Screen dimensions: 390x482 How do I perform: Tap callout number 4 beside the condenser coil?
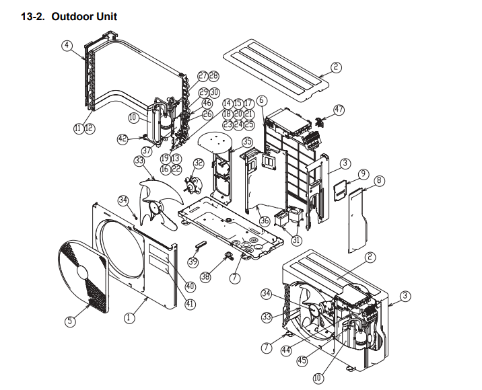point(67,45)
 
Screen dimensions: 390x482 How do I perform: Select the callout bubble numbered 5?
point(70,321)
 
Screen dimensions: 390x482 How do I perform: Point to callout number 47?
point(339,110)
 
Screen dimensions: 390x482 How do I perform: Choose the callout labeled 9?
point(363,173)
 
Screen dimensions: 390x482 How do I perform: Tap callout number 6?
point(262,101)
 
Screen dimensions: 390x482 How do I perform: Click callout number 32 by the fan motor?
point(198,163)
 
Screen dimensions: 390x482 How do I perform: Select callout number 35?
point(247,142)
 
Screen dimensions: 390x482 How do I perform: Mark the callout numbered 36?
point(265,220)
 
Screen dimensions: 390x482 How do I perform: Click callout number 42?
point(123,139)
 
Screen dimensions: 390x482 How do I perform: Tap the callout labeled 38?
point(205,276)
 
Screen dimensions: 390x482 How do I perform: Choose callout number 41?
point(191,304)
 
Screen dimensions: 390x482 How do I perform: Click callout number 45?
point(302,360)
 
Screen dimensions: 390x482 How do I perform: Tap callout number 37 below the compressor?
point(146,151)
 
